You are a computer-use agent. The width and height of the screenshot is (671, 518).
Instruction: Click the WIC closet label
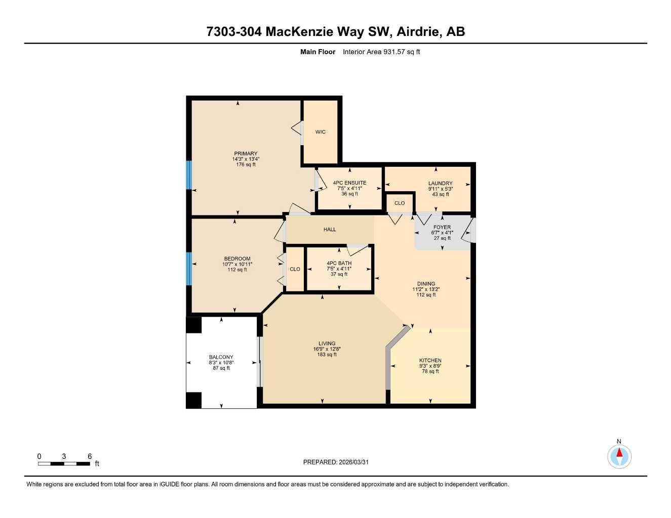pos(320,132)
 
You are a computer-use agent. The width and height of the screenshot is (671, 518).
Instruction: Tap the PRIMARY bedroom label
pos(246,153)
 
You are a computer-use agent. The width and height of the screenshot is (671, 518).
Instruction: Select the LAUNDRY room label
pos(440,184)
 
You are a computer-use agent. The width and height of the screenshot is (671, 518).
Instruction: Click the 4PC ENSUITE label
pos(349,183)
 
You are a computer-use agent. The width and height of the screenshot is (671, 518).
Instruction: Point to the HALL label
pos(330,230)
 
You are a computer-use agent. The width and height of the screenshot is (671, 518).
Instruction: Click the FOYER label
pos(442,228)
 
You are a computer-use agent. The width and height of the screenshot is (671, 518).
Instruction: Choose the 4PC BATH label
pos(339,263)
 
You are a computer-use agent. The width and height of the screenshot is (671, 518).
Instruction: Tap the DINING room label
pos(426,284)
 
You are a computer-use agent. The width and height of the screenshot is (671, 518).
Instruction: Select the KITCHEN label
pos(430,360)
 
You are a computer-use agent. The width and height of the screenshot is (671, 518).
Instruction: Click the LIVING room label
pos(327,344)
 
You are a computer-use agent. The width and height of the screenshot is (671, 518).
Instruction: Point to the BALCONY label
pos(221,357)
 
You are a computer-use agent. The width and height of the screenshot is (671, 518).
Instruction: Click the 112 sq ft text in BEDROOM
pos(237,270)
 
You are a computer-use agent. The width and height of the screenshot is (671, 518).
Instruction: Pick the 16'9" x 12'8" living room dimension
pos(327,349)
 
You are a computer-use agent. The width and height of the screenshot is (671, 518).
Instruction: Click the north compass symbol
pos(619,456)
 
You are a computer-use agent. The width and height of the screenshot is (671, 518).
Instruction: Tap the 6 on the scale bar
pos(90,456)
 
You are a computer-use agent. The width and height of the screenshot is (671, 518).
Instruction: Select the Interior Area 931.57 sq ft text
pos(381,52)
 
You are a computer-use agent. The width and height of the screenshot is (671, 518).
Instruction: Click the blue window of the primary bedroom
pos(189,175)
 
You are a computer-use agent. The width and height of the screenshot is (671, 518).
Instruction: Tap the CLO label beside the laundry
pos(400,203)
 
